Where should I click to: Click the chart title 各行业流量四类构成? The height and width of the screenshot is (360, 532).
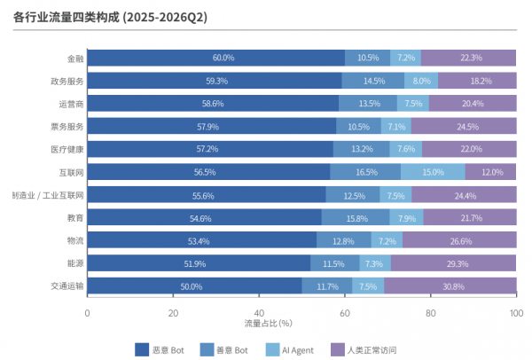pos(66,17)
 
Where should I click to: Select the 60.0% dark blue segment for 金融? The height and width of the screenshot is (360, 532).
pos(216,58)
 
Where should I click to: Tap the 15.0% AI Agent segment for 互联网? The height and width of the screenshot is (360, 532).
pos(433,172)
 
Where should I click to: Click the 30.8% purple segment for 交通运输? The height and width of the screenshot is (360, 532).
pos(450,286)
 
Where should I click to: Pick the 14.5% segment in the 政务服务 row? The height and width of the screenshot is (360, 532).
pos(373,81)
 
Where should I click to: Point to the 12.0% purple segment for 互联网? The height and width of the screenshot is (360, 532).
pos(491,172)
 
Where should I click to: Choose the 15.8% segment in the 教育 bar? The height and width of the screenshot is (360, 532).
pos(356,217)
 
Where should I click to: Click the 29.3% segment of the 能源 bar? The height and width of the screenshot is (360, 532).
pos(454,263)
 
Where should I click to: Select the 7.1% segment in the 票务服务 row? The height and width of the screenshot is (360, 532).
pos(396,126)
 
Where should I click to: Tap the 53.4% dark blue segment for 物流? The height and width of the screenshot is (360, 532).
pos(202,240)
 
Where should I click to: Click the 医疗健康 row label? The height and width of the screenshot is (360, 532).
pos(67,149)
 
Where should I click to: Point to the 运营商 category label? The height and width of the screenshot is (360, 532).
pos(71,104)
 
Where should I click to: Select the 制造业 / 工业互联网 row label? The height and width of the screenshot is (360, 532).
pos(48,195)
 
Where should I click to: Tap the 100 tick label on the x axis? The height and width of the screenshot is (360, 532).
pos(516,313)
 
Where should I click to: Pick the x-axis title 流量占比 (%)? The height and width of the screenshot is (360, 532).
pos(268,323)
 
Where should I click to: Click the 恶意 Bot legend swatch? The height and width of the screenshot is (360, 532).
pos(142,350)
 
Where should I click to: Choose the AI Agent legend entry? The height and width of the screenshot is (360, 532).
pos(290,350)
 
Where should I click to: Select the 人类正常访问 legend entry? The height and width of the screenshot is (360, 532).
pos(364,350)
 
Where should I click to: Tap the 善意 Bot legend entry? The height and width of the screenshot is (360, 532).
pos(224,350)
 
